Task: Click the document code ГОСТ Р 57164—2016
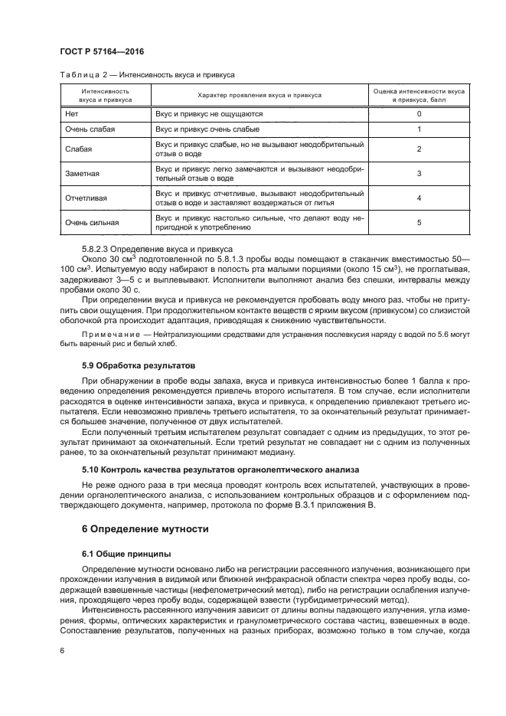point(103,51)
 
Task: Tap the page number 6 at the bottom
point(63,650)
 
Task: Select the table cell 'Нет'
point(72,113)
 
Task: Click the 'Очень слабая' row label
point(90,129)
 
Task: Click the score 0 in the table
point(419,113)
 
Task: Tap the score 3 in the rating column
point(419,174)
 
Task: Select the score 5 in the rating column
point(419,223)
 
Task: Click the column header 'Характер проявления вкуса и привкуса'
point(260,95)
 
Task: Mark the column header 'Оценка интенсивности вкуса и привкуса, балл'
point(419,95)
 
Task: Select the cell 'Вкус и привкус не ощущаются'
point(209,113)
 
